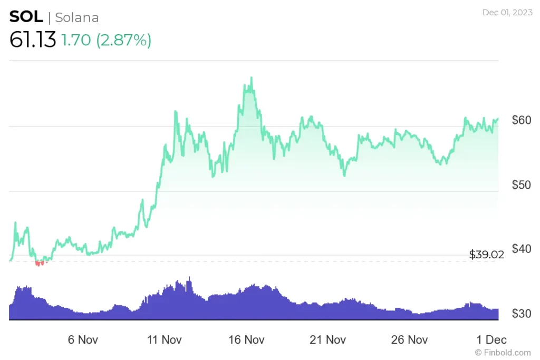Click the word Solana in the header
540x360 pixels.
[x=77, y=17]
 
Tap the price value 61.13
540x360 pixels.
[x=33, y=40]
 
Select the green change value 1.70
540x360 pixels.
[x=76, y=40]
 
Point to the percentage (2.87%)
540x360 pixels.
[x=123, y=40]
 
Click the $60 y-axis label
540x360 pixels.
[x=522, y=120]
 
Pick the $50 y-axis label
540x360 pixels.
[x=522, y=184]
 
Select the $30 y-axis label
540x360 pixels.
[x=522, y=314]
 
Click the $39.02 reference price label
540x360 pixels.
[x=486, y=255]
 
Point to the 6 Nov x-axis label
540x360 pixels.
[x=83, y=339]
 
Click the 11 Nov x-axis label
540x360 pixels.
[x=164, y=339]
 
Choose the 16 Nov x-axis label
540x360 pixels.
[x=246, y=339]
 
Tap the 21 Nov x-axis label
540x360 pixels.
[x=328, y=339]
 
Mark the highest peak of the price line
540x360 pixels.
[x=252, y=78]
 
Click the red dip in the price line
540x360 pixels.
[x=38, y=263]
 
